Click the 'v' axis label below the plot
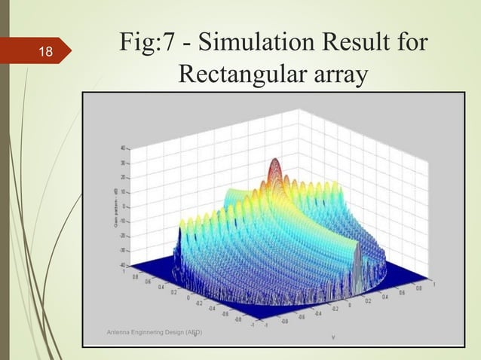(x=332, y=337)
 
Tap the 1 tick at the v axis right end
(x=433, y=284)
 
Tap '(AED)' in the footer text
(x=193, y=332)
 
